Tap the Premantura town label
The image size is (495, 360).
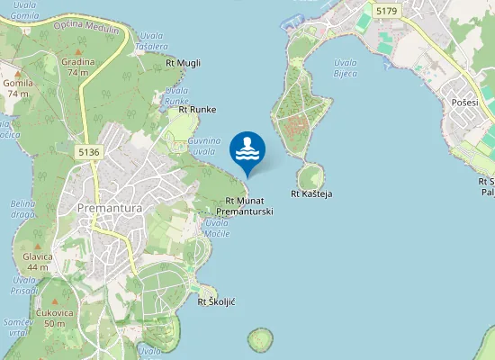pos(112,209)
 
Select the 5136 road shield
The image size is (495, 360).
pos(89,152)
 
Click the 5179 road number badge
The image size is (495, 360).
pos(387,11)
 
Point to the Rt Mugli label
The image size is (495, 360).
pos(184,63)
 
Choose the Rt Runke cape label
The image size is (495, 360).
pos(197,110)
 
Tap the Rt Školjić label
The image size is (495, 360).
pos(216,301)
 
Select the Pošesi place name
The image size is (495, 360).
pos(465,103)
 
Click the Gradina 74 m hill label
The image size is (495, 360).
pos(77,67)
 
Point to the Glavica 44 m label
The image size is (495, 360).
pos(38,262)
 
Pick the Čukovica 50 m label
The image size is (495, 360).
pos(54,318)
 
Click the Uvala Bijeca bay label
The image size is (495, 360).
pos(346,68)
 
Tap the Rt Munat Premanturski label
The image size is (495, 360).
pos(245,206)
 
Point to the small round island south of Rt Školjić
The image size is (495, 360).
pos(260,339)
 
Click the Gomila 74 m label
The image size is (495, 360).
pos(17,88)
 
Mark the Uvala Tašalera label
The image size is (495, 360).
pos(150,41)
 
